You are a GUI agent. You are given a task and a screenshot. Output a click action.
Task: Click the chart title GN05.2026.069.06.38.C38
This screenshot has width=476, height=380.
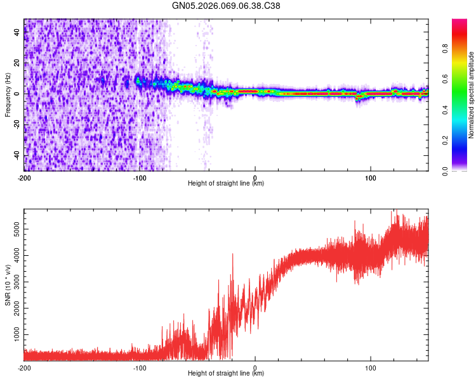(x=227, y=6)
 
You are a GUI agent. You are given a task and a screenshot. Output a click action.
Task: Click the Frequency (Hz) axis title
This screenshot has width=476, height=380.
(x=8, y=95)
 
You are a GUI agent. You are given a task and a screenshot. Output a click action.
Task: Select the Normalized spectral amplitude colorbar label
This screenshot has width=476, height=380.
(x=472, y=95)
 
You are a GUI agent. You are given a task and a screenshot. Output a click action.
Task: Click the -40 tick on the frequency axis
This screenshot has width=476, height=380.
(x=18, y=156)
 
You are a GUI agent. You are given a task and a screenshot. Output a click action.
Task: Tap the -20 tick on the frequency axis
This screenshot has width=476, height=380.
(x=18, y=125)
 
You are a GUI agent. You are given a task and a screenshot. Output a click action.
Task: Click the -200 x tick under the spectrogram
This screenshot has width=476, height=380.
(x=24, y=177)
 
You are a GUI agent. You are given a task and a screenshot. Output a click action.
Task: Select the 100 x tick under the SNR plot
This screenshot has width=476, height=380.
(x=371, y=367)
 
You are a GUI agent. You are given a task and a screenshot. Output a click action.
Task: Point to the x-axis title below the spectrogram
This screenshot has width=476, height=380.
(x=226, y=184)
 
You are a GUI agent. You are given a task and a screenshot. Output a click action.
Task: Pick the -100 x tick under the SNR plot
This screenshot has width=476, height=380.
(x=140, y=367)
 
